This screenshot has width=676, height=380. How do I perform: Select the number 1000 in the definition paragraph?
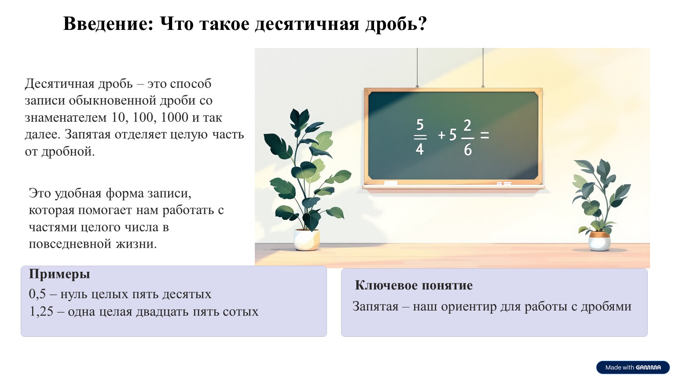pyautogui.click(x=174, y=117)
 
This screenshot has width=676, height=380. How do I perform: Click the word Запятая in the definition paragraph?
pyautogui.click(x=88, y=135)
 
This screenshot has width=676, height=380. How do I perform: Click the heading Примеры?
pyautogui.click(x=59, y=274)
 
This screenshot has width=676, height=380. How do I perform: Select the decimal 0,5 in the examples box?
pyautogui.click(x=37, y=294)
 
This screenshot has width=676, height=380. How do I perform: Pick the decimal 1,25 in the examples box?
pyautogui.click(x=41, y=311)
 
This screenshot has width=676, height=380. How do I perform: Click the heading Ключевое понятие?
pyautogui.click(x=413, y=285)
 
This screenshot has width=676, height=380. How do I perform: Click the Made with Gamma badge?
pyautogui.click(x=633, y=367)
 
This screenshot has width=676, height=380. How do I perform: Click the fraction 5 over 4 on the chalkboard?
pyautogui.click(x=420, y=137)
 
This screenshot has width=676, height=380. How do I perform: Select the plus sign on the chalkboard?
pyautogui.click(x=441, y=135)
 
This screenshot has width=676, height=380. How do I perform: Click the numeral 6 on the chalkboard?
pyautogui.click(x=468, y=150)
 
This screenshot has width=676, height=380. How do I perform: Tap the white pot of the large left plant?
pyautogui.click(x=307, y=239)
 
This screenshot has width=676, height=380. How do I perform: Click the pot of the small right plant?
pyautogui.click(x=599, y=241)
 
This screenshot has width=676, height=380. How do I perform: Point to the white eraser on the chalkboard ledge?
pyautogui.click(x=390, y=183)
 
